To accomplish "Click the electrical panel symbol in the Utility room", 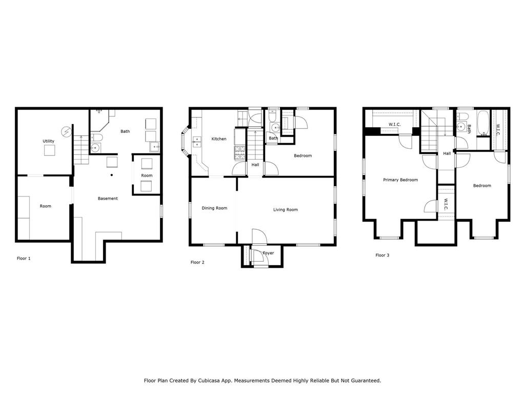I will tap(66, 132).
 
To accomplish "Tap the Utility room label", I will tap(48, 141).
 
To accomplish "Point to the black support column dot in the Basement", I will tap(112, 175).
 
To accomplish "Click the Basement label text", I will tap(108, 199).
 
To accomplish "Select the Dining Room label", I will tap(214, 208).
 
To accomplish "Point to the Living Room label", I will tap(285, 209).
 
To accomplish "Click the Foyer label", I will tap(268, 253).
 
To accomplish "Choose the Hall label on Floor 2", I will tap(255, 165).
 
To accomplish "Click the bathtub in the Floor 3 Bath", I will tap(483, 124).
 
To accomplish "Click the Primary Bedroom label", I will tap(400, 180).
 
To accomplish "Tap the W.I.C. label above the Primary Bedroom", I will tap(394, 124).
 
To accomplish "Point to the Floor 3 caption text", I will tap(382, 255).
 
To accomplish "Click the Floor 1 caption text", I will tap(24, 259).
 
